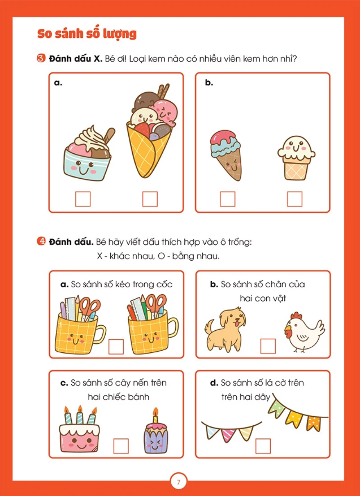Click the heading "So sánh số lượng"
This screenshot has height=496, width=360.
tap(86, 34)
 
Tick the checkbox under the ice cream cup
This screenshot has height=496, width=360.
tap(83, 199)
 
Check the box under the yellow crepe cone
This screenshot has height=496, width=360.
tap(150, 199)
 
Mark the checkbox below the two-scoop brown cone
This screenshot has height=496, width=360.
tap(228, 199)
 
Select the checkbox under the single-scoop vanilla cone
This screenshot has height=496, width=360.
tap(294, 199)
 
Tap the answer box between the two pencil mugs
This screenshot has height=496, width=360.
tap(116, 346)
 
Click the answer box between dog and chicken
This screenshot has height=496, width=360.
tap(268, 346)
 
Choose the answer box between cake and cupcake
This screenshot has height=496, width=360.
tap(121, 446)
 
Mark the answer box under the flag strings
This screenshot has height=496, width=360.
tap(263, 446)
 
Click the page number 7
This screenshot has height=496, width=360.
tap(179, 482)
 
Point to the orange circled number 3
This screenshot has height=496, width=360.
tap(41, 58)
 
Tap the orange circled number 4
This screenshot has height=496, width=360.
tap(41, 242)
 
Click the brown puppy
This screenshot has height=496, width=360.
tap(225, 329)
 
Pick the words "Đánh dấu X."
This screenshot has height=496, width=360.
tap(75, 59)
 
